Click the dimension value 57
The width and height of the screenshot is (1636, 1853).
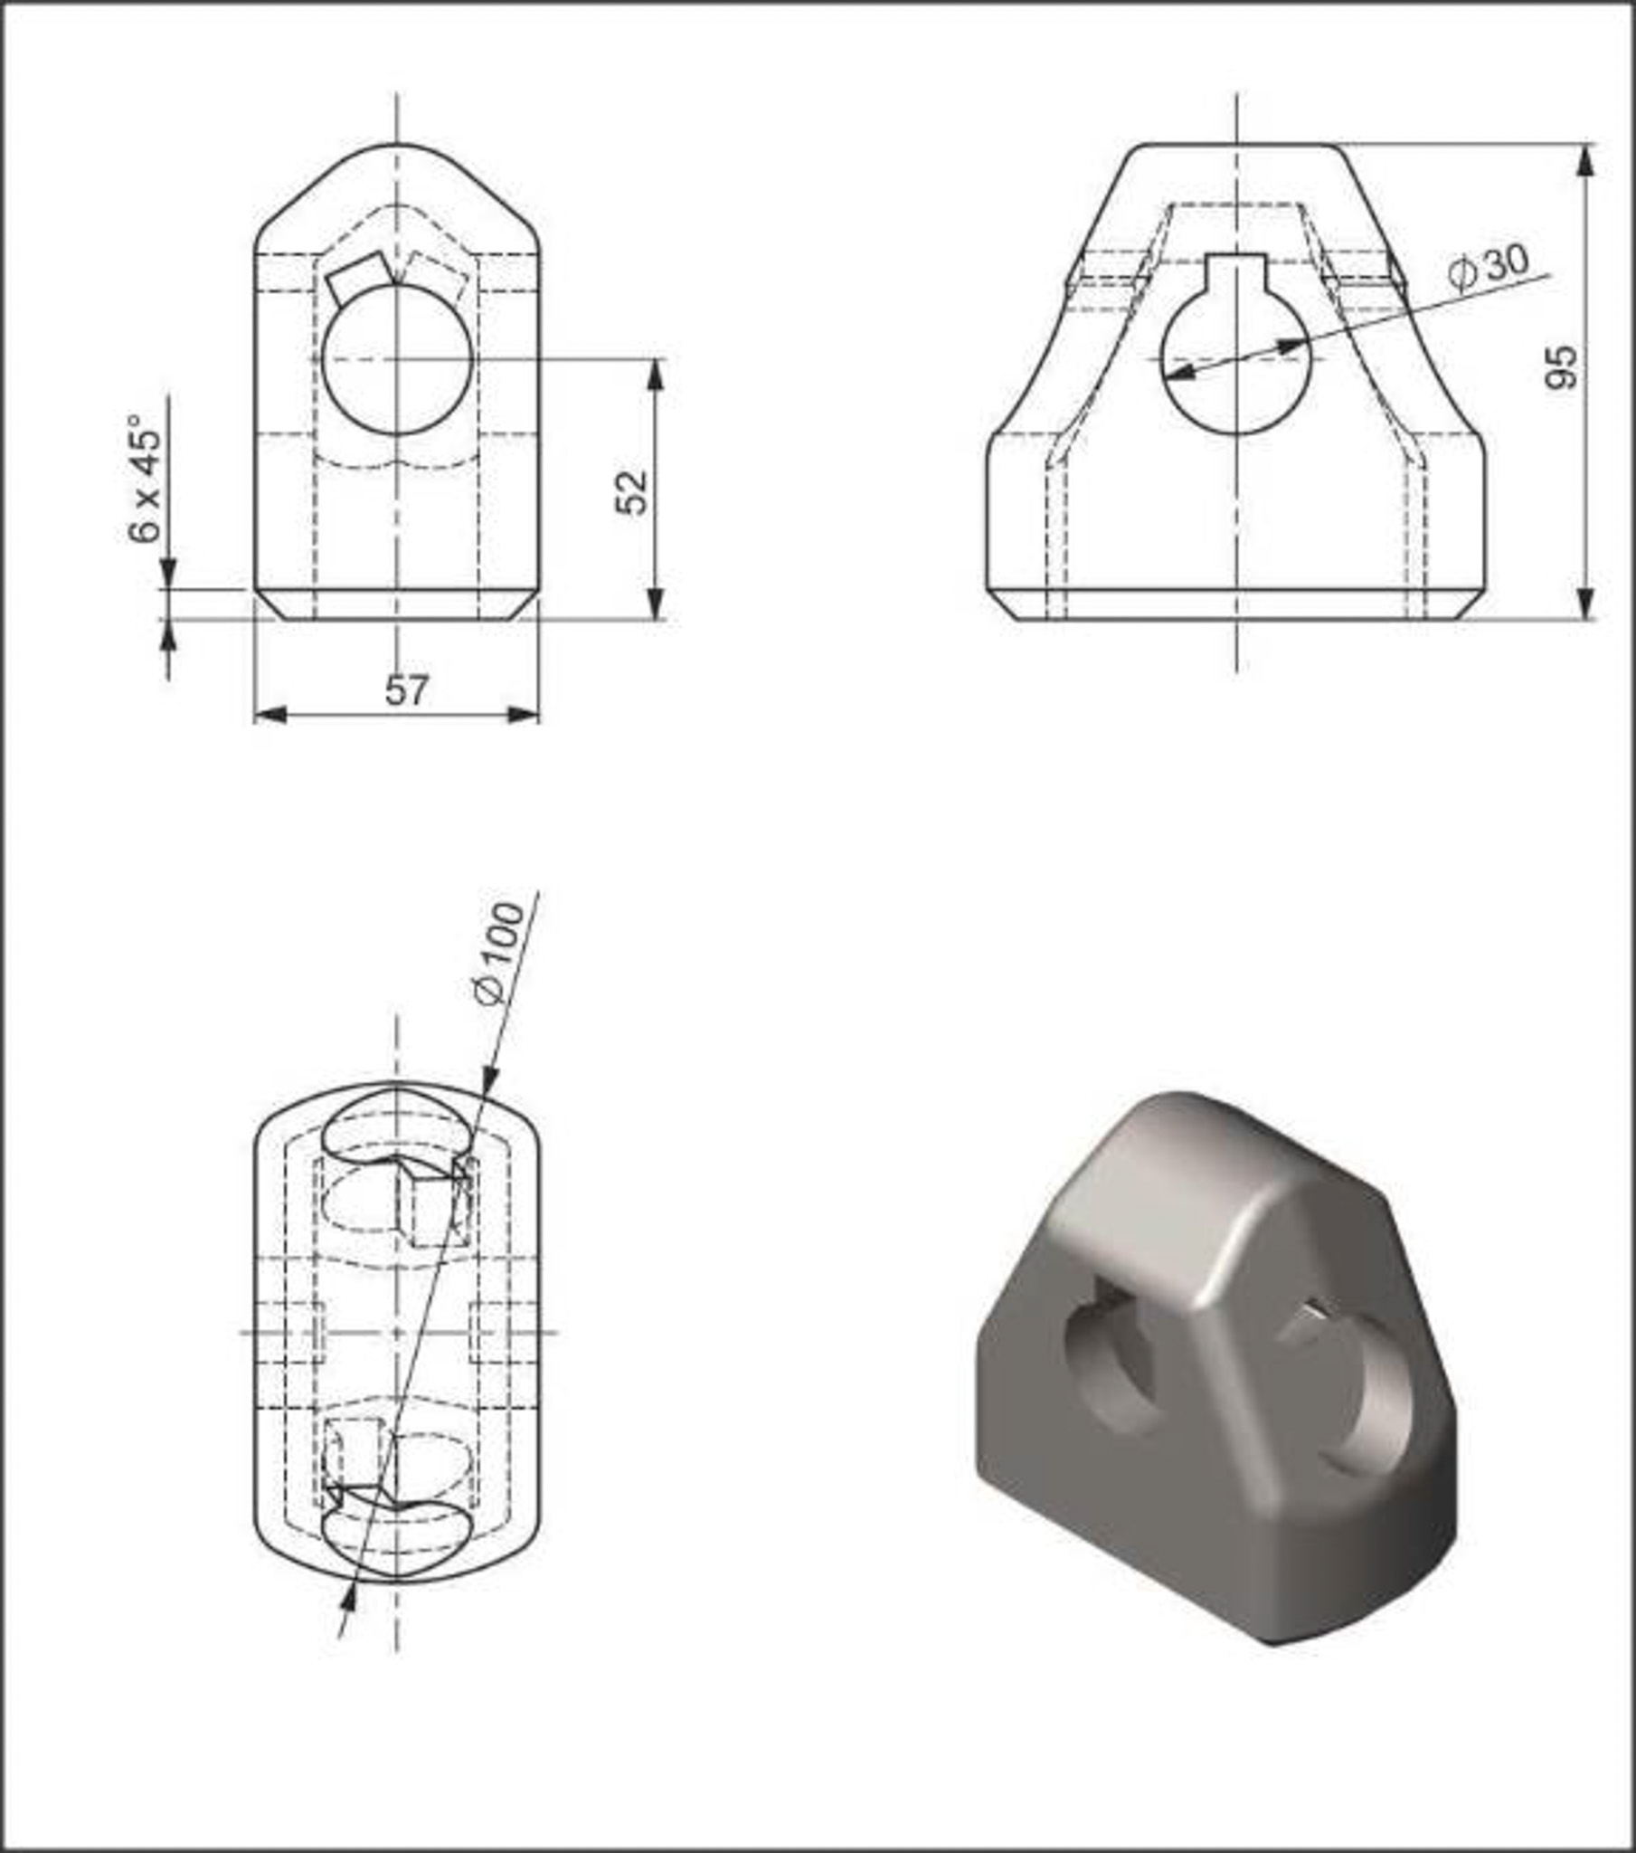pyautogui.click(x=405, y=690)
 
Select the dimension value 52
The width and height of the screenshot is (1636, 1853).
pyautogui.click(x=633, y=491)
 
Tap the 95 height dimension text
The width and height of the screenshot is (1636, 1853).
pyautogui.click(x=1561, y=367)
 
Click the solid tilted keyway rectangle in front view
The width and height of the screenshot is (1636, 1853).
pyautogui.click(x=361, y=278)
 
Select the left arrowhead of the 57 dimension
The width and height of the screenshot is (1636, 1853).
pyautogui.click(x=270, y=716)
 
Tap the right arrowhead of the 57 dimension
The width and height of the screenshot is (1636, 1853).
pyautogui.click(x=523, y=716)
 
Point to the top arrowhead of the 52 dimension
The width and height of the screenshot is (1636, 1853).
pyautogui.click(x=657, y=375)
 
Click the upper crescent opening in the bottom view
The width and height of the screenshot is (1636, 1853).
pyautogui.click(x=397, y=1124)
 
